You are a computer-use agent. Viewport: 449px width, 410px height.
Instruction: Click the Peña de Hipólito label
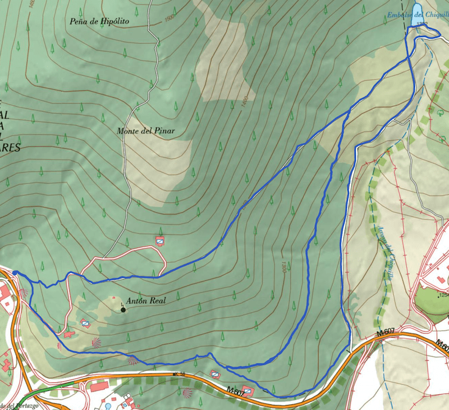click(x=99, y=22)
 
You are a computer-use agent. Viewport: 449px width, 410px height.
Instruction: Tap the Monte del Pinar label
click(x=146, y=131)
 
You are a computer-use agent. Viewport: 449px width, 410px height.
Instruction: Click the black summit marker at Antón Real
click(x=123, y=309)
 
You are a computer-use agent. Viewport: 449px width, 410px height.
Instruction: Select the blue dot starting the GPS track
click(x=15, y=274)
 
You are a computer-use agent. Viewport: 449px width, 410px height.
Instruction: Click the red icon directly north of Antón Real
click(x=160, y=241)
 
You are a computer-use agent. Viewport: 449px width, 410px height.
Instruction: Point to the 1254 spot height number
click(x=443, y=294)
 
